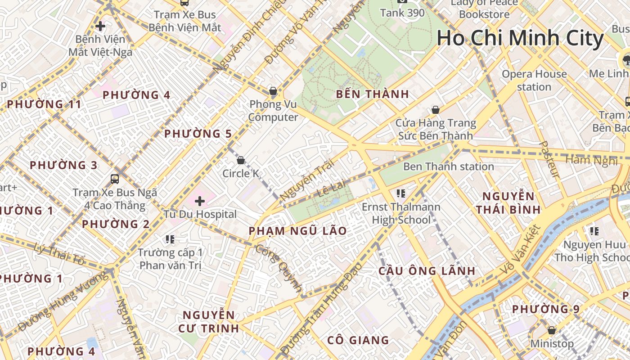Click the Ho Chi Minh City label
click(520, 38)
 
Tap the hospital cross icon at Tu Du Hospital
click(200, 201)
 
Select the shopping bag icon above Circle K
click(241, 160)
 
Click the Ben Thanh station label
click(448, 166)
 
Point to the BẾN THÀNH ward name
click(373, 94)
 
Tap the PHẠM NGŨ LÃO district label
click(298, 231)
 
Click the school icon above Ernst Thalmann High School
click(401, 194)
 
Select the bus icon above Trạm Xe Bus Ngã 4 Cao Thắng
click(115, 179)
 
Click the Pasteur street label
click(549, 160)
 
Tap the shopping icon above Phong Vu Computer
click(273, 91)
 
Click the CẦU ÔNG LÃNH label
click(427, 271)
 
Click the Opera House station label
click(534, 80)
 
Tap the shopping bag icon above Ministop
click(551, 331)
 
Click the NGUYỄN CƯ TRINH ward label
click(208, 321)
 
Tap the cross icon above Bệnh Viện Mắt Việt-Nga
click(100, 26)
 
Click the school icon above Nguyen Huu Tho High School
click(594, 231)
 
